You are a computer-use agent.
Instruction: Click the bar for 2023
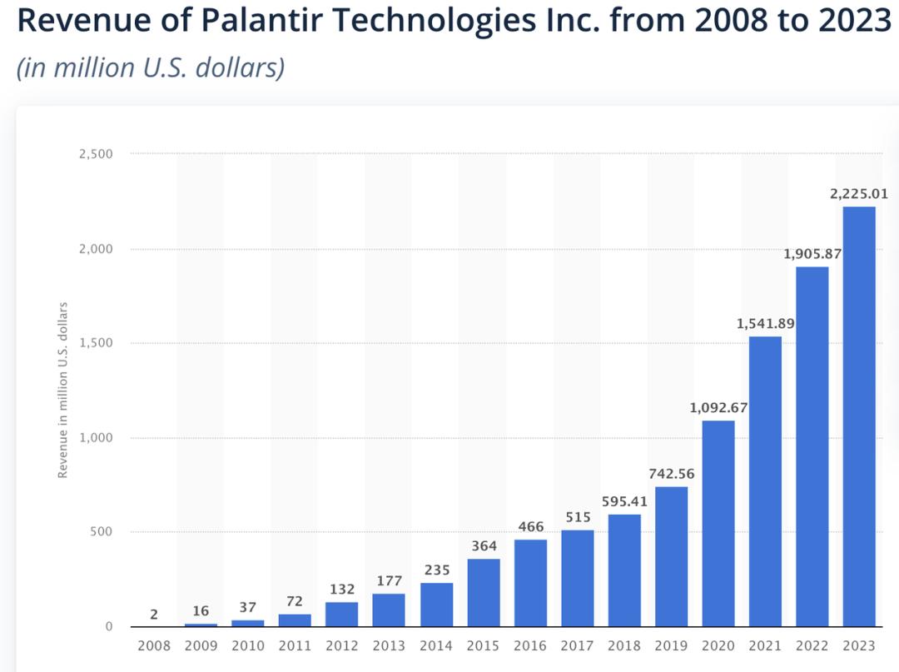pos(859,416)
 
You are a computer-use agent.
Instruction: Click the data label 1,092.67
pos(718,408)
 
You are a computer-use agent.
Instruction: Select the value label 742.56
pos(671,474)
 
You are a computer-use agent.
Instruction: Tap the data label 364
pos(484,546)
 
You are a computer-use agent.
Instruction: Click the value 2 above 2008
pos(154,615)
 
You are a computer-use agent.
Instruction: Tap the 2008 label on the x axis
pos(154,646)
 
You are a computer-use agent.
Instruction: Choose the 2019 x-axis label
pos(671,646)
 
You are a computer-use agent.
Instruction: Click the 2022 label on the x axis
pos(812,646)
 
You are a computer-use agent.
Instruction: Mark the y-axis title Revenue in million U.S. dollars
pos(62,390)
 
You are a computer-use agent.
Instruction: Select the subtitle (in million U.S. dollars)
pos(151,67)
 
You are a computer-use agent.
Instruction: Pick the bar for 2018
pos(624,570)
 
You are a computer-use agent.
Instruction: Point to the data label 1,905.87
pos(812,255)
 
